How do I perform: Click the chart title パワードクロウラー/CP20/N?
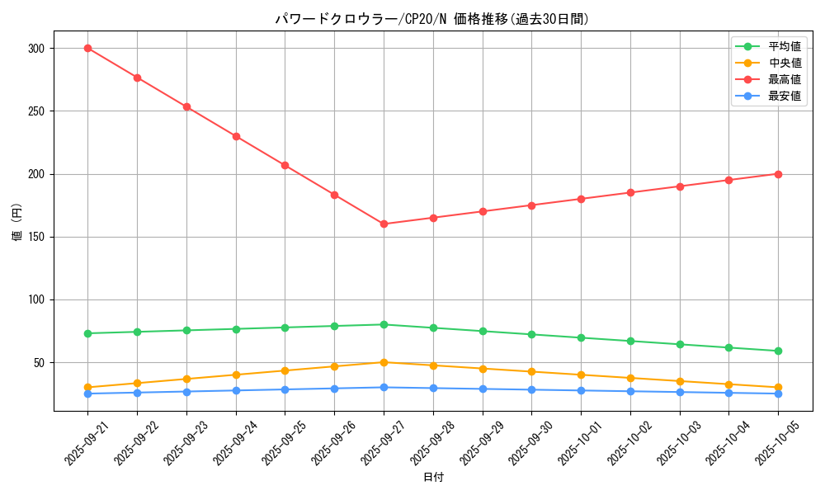pos(432,19)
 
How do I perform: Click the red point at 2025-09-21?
pos(87,48)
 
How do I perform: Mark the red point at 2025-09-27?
pos(384,224)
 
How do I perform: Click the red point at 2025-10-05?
pos(778,174)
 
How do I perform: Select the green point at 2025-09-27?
pos(384,324)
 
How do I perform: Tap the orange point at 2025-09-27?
pos(384,362)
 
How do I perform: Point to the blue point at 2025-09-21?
pos(87,394)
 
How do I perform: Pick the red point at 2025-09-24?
pos(236,136)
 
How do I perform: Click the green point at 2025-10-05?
pos(778,351)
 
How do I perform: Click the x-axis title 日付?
pos(433,478)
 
